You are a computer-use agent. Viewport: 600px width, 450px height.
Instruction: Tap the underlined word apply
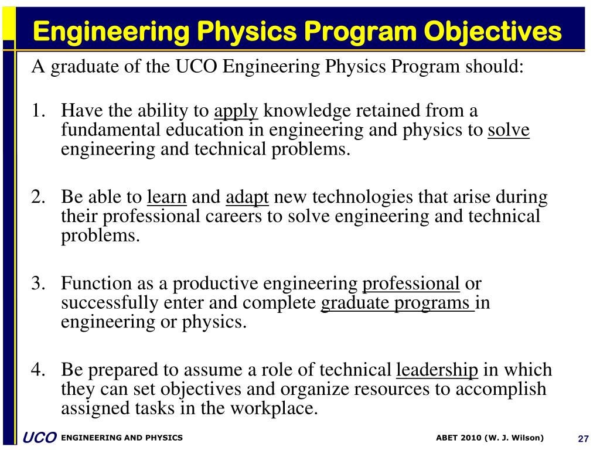[236, 111]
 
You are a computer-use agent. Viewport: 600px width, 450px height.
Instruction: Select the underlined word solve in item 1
[508, 130]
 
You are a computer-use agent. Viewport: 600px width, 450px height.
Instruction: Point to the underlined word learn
[167, 197]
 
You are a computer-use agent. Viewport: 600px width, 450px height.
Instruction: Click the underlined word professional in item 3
[411, 284]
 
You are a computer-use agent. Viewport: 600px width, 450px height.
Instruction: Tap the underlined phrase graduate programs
[397, 304]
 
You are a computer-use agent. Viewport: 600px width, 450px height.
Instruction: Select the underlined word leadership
[437, 370]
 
